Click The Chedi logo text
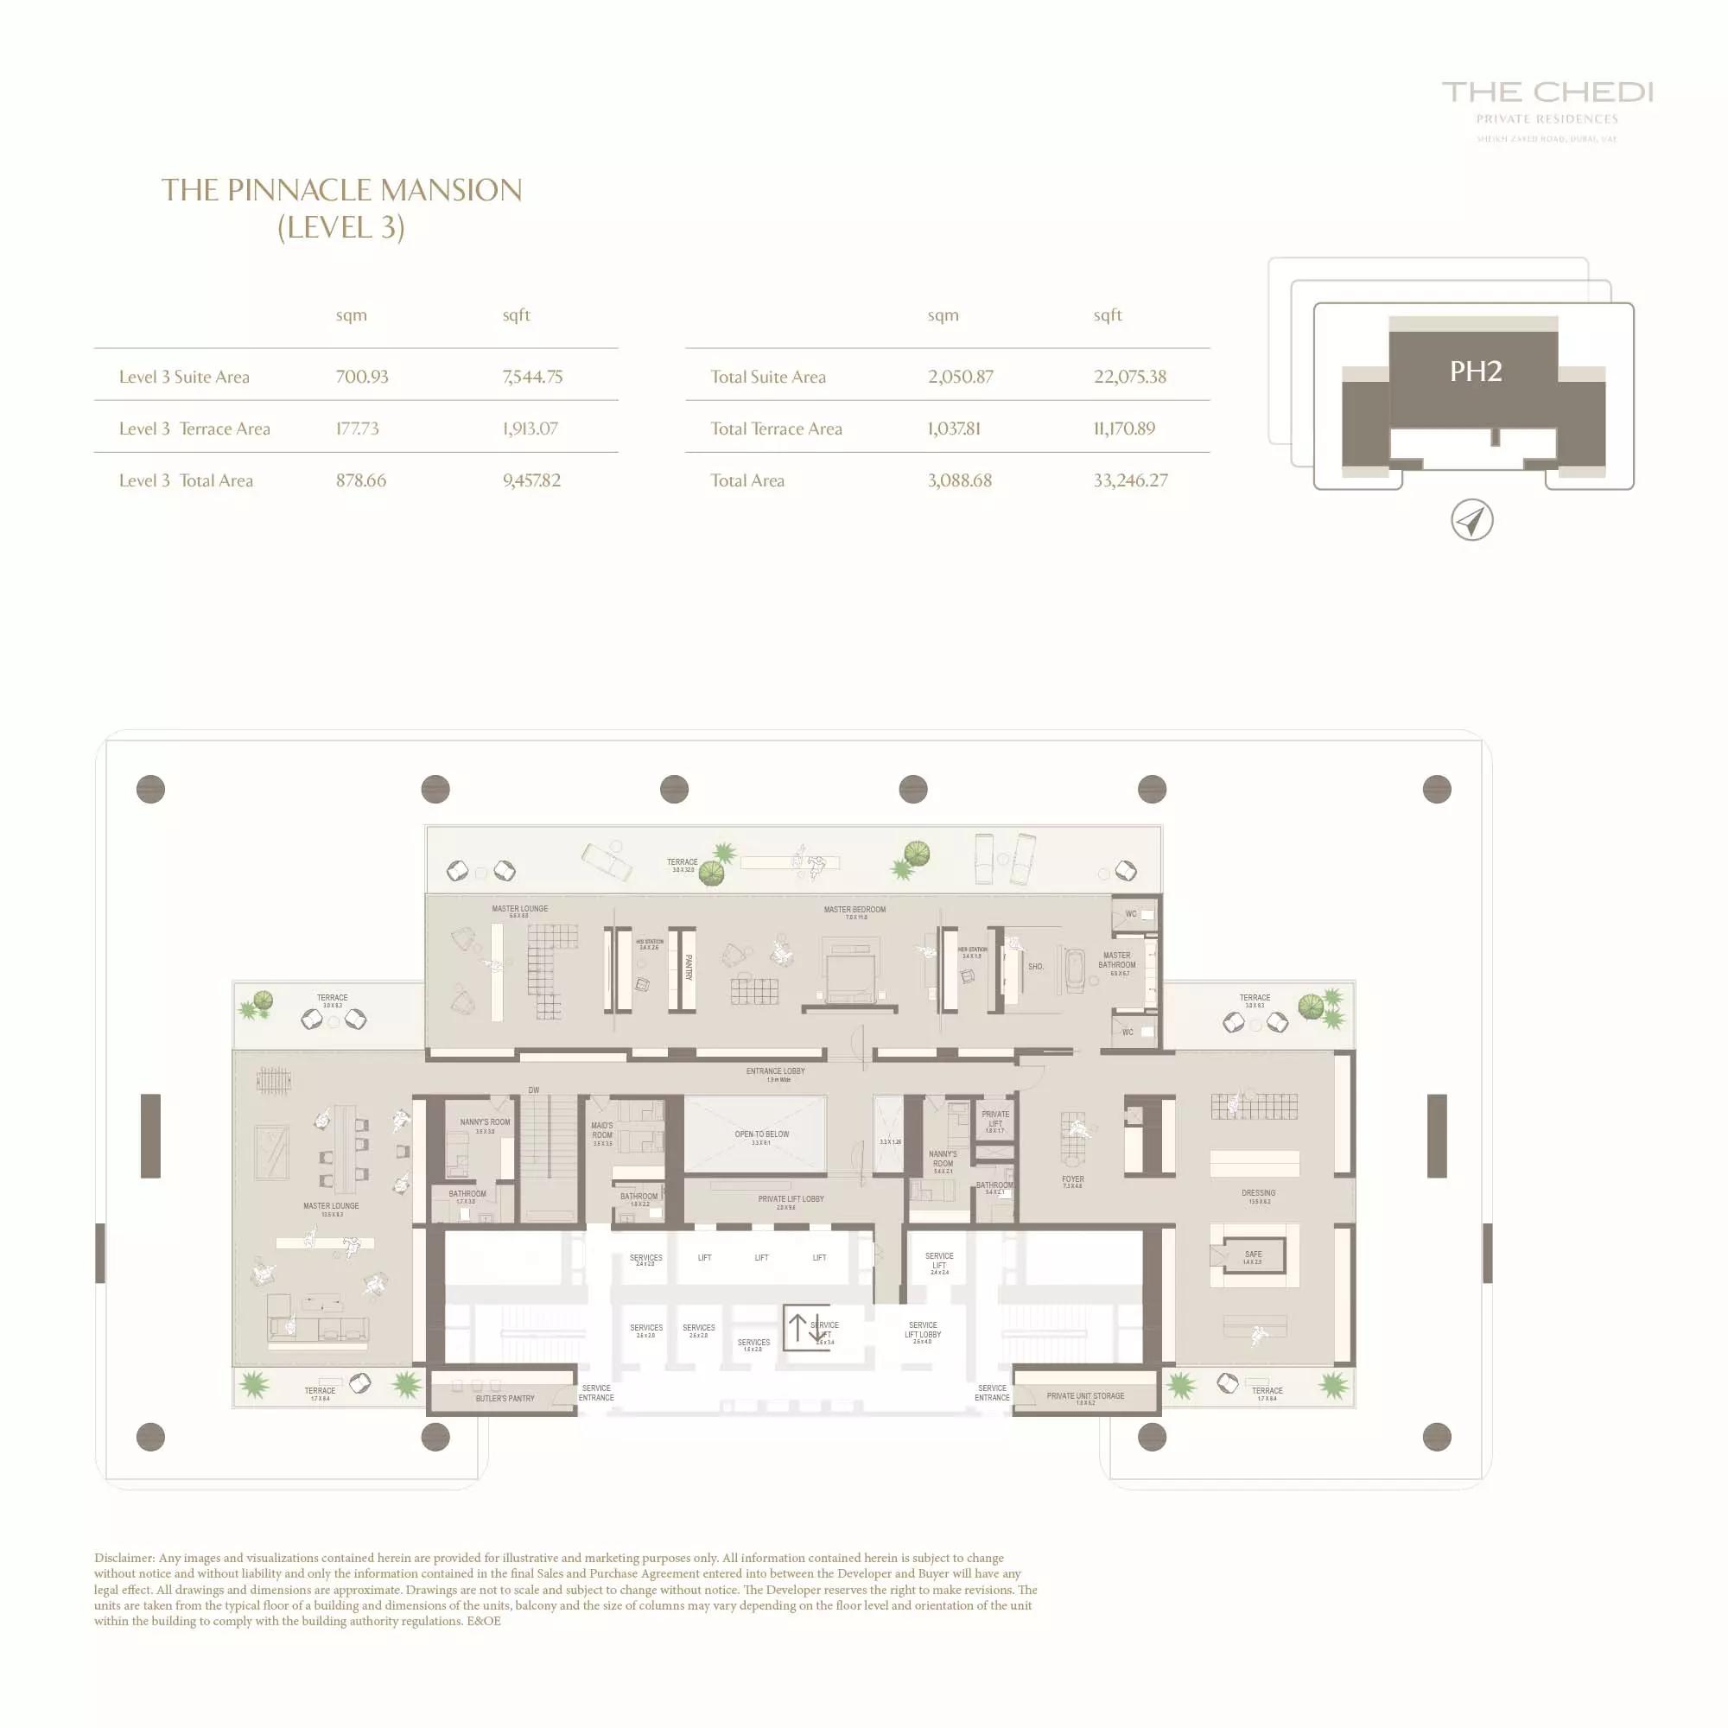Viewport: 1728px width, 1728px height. click(1547, 92)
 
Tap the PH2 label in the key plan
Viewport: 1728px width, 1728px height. click(1475, 372)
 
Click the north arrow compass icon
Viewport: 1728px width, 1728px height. click(1471, 520)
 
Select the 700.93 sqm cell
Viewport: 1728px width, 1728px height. click(361, 377)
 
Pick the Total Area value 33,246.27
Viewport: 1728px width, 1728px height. click(1129, 480)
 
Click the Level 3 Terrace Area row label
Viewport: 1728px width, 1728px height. click(194, 429)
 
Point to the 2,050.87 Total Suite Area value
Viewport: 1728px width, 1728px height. click(960, 377)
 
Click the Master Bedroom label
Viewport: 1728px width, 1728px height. click(854, 910)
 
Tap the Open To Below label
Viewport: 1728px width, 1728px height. click(761, 1134)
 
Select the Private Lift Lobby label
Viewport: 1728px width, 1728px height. click(791, 1198)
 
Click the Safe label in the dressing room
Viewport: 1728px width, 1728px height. click(1253, 1255)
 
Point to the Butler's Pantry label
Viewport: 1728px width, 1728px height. click(505, 1398)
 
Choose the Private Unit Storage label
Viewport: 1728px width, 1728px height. click(1085, 1395)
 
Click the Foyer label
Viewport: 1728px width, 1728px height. click(1072, 1179)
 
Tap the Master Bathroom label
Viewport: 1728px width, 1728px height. click(1116, 960)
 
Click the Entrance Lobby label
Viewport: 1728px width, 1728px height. click(776, 1070)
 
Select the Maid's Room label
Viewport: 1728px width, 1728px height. click(602, 1130)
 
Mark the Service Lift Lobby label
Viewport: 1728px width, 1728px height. click(922, 1330)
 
